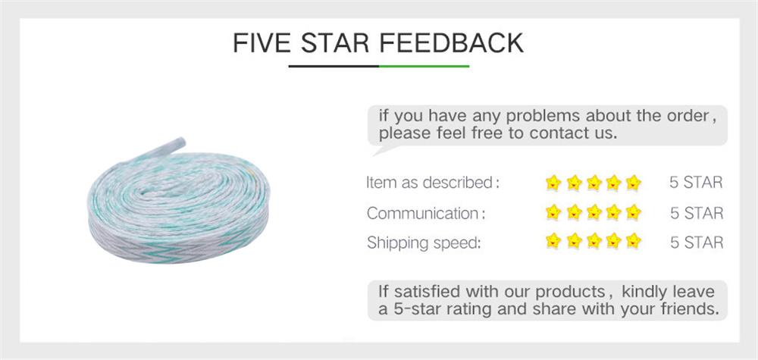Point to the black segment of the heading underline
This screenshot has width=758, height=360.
click(x=334, y=67)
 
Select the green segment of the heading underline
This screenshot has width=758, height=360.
click(x=424, y=67)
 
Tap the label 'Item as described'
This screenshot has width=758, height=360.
click(x=431, y=183)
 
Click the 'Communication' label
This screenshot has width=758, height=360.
click(x=421, y=213)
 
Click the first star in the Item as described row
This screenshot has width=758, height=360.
click(x=553, y=183)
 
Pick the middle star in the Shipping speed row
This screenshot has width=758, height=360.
click(x=594, y=243)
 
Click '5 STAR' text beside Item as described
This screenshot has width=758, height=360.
click(x=696, y=183)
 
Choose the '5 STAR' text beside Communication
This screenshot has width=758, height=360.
click(x=696, y=213)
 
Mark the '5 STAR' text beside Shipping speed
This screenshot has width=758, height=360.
click(x=696, y=243)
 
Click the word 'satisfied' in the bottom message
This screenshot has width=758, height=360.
click(x=427, y=293)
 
